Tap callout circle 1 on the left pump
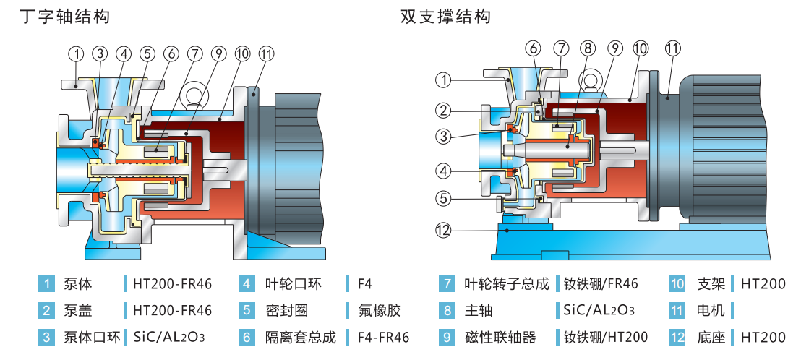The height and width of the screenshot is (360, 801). point(77,53)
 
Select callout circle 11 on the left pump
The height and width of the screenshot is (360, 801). point(266,53)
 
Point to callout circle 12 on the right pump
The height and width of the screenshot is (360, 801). point(442,231)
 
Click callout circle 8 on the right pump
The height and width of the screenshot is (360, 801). point(587,48)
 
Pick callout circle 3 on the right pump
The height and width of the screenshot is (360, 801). point(442,136)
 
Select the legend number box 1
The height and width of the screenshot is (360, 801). point(46,284)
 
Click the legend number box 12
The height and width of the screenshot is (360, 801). point(677,337)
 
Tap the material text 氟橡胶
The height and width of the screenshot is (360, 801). point(380,311)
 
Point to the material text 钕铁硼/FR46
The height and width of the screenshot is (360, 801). point(601,284)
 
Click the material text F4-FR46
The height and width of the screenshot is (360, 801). point(384,337)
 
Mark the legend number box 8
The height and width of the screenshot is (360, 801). point(447,311)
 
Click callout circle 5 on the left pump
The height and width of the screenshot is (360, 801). point(147,53)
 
